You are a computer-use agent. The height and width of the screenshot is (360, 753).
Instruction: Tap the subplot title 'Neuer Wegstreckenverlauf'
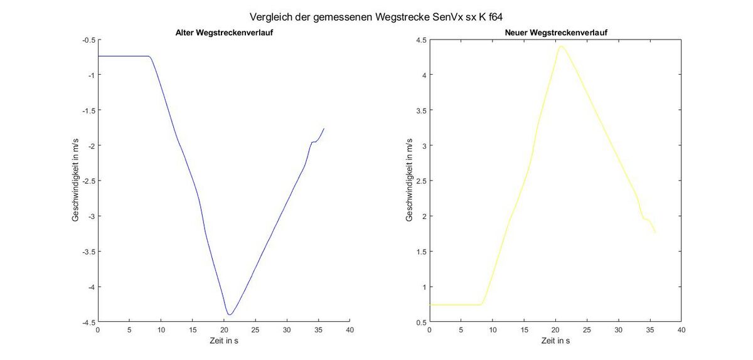point(555,33)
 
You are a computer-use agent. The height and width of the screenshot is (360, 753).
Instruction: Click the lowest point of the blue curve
point(230,314)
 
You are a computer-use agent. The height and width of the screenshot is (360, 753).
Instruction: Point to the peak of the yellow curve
point(560,46)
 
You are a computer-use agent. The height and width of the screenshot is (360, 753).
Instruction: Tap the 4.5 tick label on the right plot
point(420,40)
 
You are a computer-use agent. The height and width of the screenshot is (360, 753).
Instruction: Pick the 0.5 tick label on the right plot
point(420,322)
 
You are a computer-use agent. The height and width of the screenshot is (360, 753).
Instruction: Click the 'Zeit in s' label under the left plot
point(223,341)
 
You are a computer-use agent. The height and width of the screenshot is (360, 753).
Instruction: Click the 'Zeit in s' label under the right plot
point(555,341)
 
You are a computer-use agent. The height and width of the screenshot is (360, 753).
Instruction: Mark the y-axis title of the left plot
point(75,181)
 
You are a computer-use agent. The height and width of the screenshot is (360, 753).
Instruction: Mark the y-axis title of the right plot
point(409,181)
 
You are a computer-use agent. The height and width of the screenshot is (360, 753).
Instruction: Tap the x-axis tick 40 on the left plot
point(350,330)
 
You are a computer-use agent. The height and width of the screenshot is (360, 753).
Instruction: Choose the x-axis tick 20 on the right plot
point(555,330)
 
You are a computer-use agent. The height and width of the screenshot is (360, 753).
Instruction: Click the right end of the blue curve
point(324,129)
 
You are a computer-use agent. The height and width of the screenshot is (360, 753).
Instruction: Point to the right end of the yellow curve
point(655,233)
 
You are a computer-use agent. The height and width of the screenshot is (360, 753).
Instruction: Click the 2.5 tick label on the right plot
point(420,181)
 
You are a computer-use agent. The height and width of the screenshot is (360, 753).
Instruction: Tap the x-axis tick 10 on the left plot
point(161,330)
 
